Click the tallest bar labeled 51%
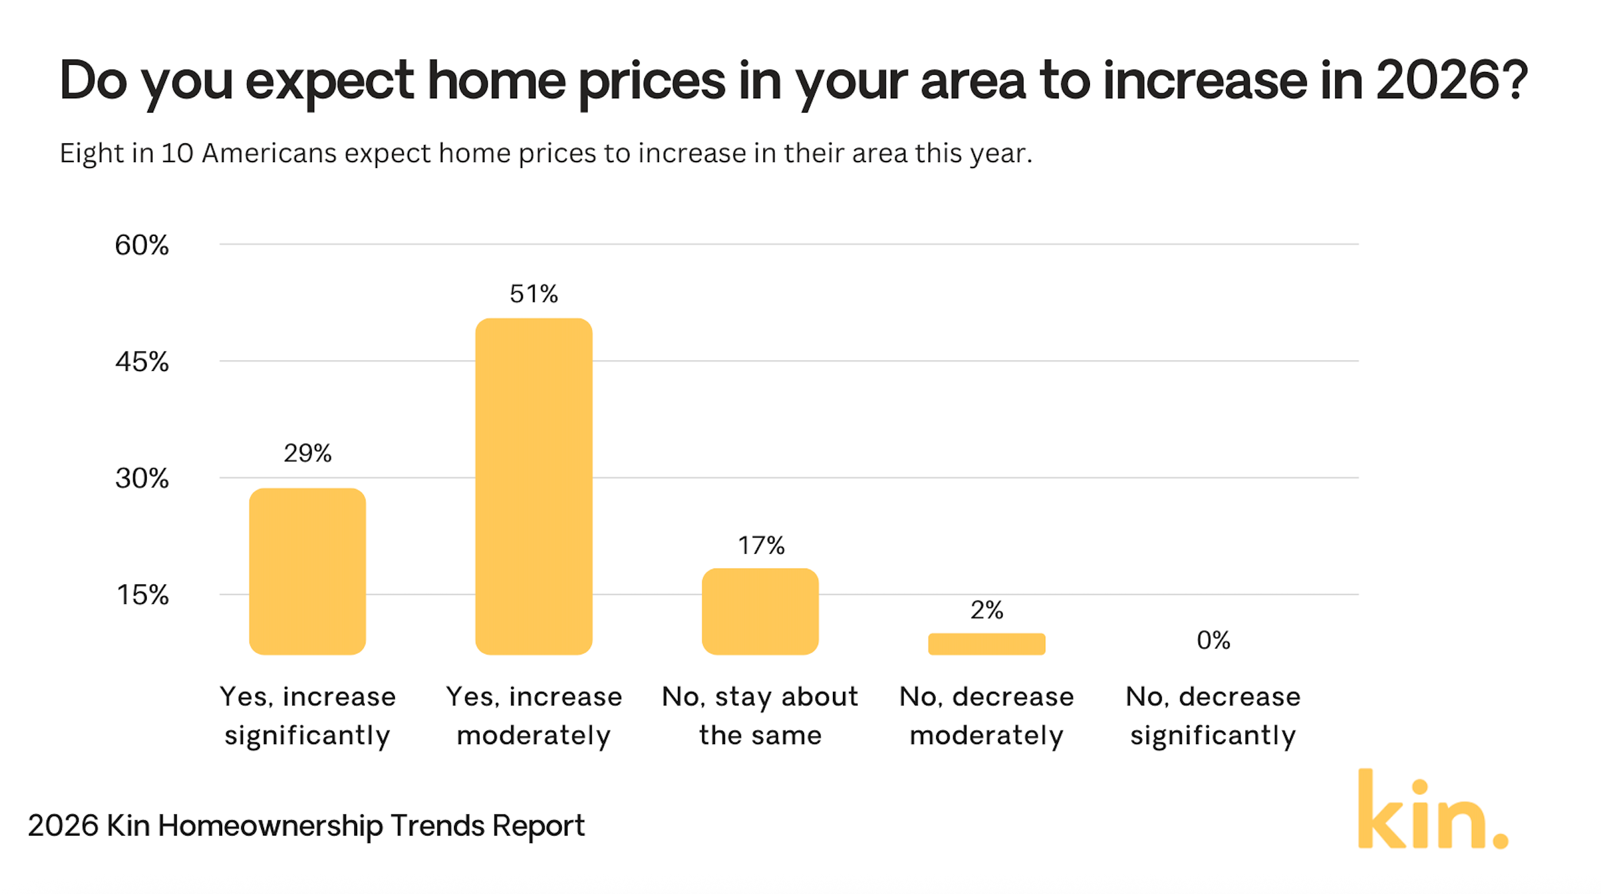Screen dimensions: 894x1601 (533, 486)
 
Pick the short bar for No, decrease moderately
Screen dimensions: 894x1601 (986, 643)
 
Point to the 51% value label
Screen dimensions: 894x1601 (533, 294)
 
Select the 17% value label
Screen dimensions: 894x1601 (761, 545)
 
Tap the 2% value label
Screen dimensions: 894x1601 (986, 610)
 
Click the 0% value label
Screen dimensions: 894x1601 (1213, 640)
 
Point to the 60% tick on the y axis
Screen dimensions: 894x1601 (141, 245)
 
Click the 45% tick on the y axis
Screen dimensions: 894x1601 (141, 362)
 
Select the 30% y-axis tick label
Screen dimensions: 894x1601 (141, 479)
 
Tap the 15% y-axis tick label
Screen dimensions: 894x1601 (142, 595)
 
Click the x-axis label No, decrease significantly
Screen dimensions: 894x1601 (1213, 715)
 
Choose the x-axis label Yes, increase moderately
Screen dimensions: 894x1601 (533, 715)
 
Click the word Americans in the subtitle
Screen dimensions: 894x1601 (269, 153)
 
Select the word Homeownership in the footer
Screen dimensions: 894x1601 (270, 826)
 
